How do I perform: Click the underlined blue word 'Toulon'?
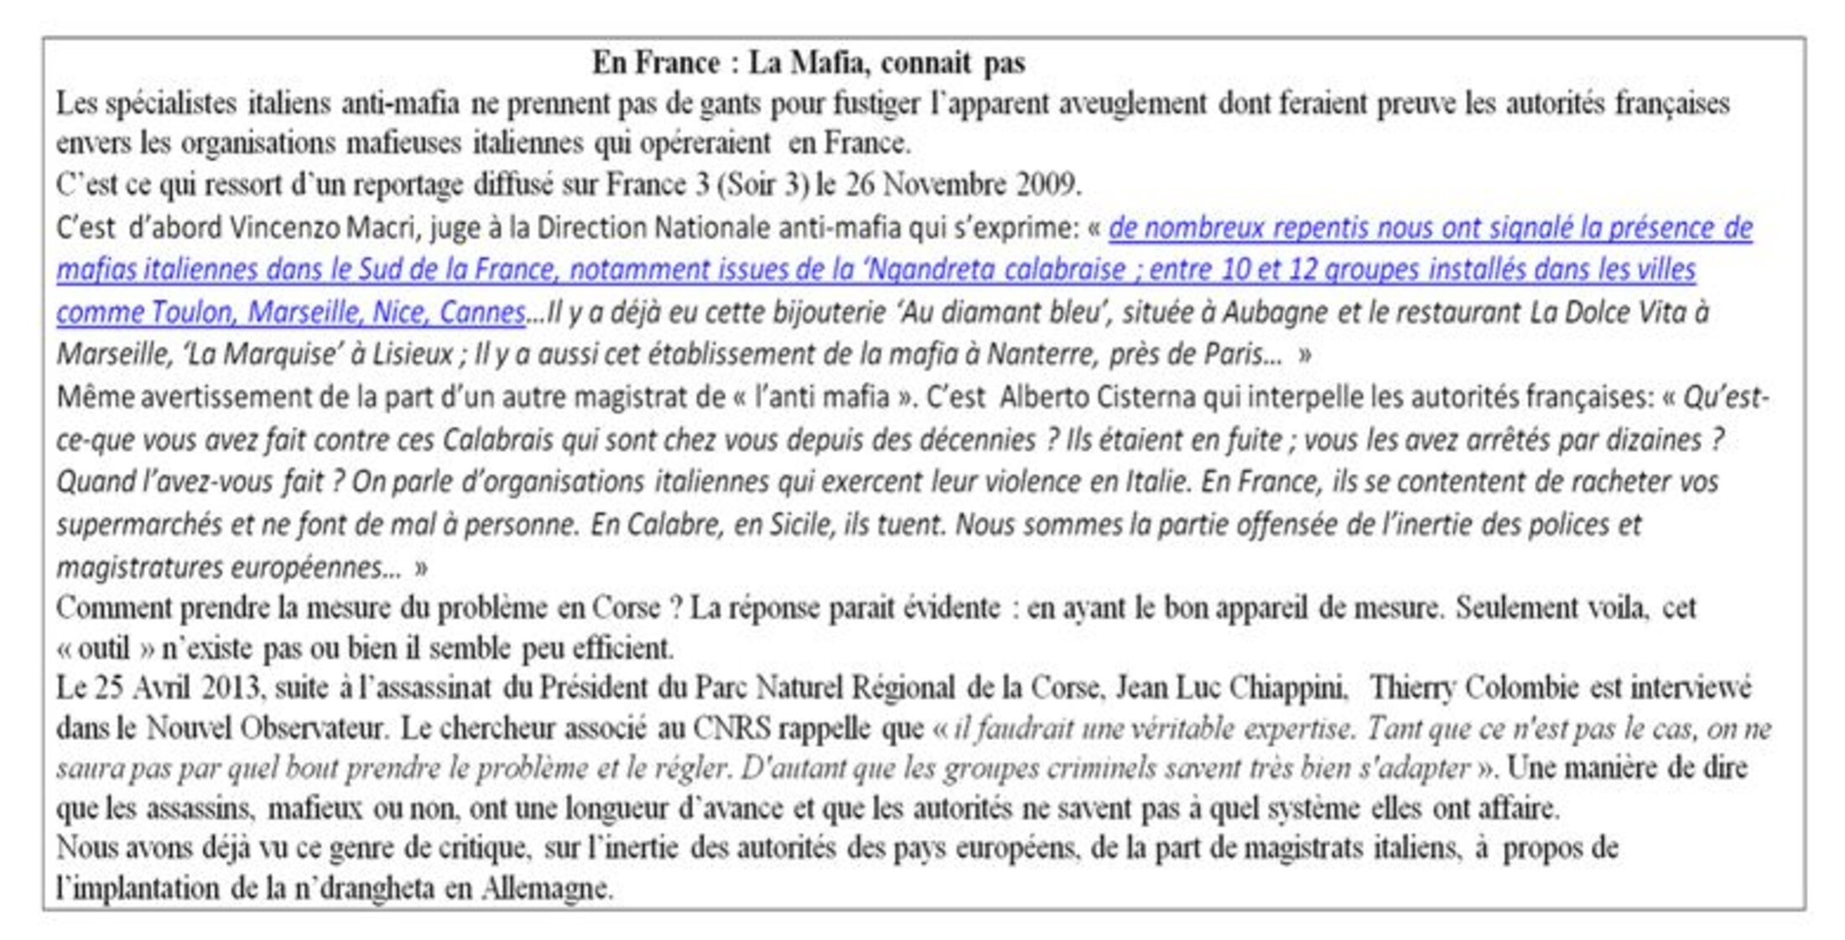(195, 313)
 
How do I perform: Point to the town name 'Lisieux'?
(413, 355)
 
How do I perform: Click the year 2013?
(228, 688)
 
